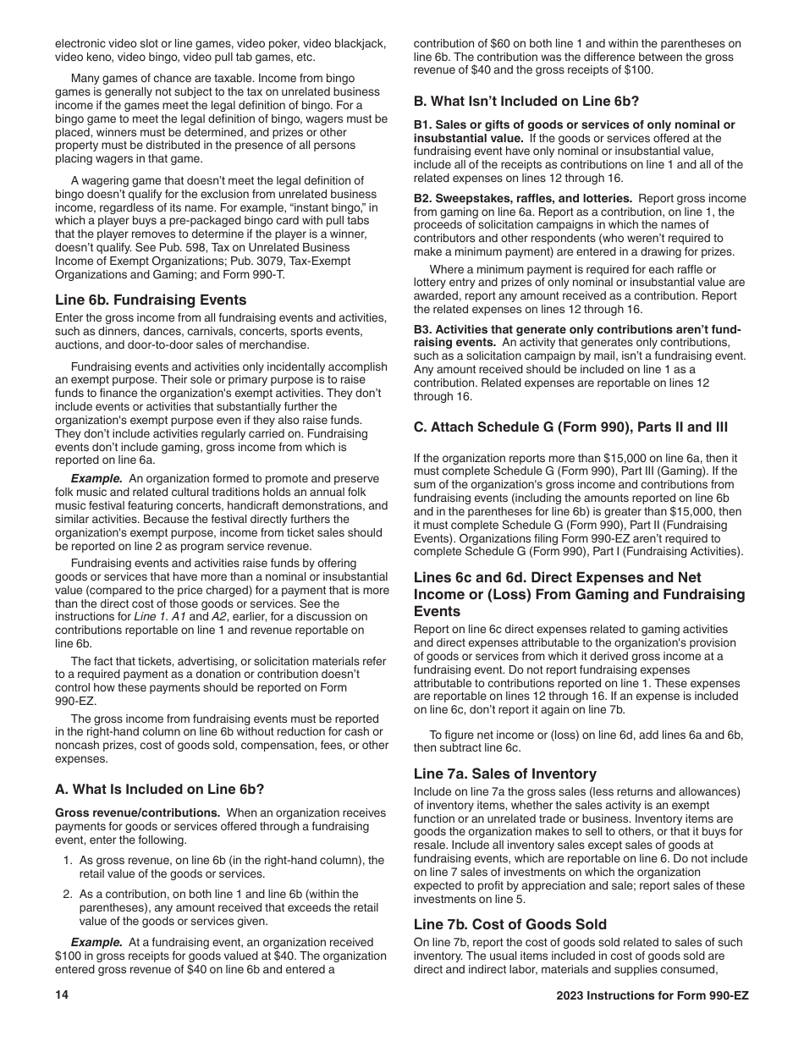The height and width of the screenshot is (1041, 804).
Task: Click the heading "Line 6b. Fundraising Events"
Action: coord(151,300)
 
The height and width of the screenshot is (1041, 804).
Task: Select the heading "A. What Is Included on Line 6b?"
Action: coord(159,790)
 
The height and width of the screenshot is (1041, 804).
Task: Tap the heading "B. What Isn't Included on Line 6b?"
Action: coord(526,101)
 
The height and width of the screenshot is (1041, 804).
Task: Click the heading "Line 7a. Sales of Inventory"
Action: coord(504,774)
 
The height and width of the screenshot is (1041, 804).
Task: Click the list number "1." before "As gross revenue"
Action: coord(68,860)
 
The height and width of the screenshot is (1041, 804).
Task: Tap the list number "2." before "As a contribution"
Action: coord(68,894)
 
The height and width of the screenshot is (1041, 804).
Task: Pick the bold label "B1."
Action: coord(423,124)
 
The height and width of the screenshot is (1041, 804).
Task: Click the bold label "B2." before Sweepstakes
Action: coord(423,198)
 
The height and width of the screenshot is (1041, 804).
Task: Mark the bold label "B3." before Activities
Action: coord(423,329)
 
